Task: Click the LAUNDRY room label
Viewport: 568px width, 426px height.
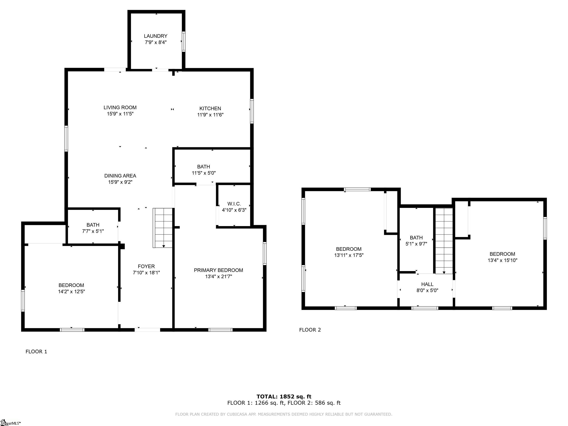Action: pyautogui.click(x=156, y=36)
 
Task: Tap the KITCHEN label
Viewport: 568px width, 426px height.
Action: pyautogui.click(x=210, y=109)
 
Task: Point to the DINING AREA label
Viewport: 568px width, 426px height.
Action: pyautogui.click(x=120, y=176)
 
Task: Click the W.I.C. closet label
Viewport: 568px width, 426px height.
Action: pyautogui.click(x=234, y=204)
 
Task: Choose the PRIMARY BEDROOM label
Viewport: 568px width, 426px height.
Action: pyautogui.click(x=219, y=270)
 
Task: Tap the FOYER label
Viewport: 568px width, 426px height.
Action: pyautogui.click(x=146, y=266)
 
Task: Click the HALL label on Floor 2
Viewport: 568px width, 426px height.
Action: pyautogui.click(x=427, y=284)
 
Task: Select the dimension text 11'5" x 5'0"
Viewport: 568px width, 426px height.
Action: pyautogui.click(x=204, y=173)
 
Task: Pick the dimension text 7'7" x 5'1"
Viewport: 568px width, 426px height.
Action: pyautogui.click(x=93, y=231)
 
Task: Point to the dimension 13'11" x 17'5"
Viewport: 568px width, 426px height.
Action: pyautogui.click(x=349, y=255)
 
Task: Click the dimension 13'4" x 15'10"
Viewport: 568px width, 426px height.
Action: pyautogui.click(x=503, y=260)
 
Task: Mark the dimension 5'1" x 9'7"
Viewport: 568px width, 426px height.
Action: pyautogui.click(x=416, y=244)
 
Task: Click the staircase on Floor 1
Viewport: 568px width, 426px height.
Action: pyautogui.click(x=162, y=228)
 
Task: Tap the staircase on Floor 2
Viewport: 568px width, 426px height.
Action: pyautogui.click(x=444, y=241)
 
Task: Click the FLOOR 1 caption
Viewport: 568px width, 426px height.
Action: pyautogui.click(x=36, y=351)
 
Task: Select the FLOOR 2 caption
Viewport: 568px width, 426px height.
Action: pyautogui.click(x=310, y=330)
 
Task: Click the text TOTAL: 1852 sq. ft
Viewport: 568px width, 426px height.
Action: pyautogui.click(x=284, y=396)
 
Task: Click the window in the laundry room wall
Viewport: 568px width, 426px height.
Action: pyautogui.click(x=184, y=41)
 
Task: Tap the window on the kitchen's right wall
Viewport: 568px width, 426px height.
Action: pyautogui.click(x=252, y=111)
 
